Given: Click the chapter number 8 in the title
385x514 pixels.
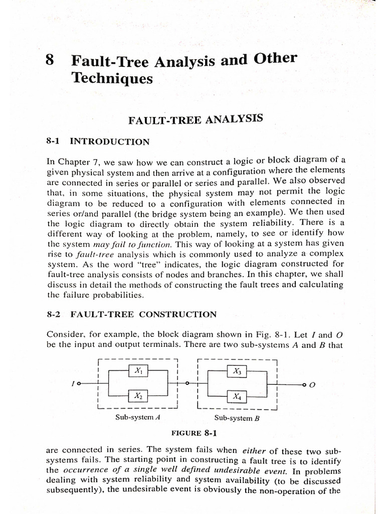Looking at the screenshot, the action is tap(50, 61).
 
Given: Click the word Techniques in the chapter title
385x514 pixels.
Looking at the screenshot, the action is tap(112, 78).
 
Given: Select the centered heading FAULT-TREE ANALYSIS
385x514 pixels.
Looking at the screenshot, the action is tap(196, 120).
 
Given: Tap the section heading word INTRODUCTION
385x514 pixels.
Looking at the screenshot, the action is tap(109, 142).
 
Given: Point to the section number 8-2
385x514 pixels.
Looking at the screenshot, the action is tap(53, 315).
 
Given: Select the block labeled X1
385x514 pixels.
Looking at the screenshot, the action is tap(138, 371).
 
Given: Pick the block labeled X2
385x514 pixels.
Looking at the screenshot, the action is tap(138, 396).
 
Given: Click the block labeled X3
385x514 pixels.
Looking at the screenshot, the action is tap(237, 371).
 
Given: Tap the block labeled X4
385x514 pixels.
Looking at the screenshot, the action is tap(237, 397).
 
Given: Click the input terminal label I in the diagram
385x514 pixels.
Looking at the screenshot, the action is tap(73, 384).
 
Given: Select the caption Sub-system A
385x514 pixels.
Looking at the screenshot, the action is tap(137, 417).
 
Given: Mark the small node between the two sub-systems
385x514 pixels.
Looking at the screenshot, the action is tap(187, 383).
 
